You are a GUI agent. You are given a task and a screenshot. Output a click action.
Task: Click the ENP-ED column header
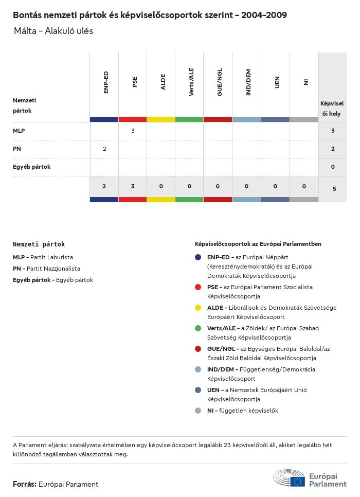pyautogui.click(x=105, y=82)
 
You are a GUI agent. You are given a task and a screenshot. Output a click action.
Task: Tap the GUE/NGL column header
pyautogui.click(x=220, y=82)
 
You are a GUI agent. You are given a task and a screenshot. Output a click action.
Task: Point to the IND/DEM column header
pyautogui.click(x=248, y=82)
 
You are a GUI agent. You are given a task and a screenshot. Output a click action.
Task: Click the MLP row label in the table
pyautogui.click(x=19, y=131)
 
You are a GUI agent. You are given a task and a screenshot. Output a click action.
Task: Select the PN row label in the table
pyautogui.click(x=17, y=149)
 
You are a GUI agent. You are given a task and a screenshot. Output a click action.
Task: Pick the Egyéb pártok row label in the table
pyautogui.click(x=31, y=167)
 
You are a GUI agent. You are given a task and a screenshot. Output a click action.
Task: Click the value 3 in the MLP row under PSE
pyautogui.click(x=133, y=131)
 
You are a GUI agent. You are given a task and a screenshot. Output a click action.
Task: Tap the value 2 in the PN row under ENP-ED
pyautogui.click(x=104, y=149)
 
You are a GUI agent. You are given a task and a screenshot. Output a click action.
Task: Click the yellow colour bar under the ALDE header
pyautogui.click(x=161, y=119)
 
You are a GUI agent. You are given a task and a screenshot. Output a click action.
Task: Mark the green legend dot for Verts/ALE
pyautogui.click(x=198, y=328)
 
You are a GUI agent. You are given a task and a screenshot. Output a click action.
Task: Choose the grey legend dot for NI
pyautogui.click(x=198, y=411)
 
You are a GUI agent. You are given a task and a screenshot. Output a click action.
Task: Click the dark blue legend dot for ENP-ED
pyautogui.click(x=198, y=257)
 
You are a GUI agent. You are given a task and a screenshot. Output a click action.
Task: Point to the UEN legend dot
pyautogui.click(x=198, y=390)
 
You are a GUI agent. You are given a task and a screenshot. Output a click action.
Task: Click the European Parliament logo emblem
pyautogui.click(x=290, y=478)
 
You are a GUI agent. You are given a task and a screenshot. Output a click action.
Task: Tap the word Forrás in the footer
pyautogui.click(x=24, y=484)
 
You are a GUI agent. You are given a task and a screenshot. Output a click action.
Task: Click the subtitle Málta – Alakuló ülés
pyautogui.click(x=53, y=31)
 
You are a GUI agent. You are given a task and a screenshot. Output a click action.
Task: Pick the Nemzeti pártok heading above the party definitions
pyautogui.click(x=39, y=244)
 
